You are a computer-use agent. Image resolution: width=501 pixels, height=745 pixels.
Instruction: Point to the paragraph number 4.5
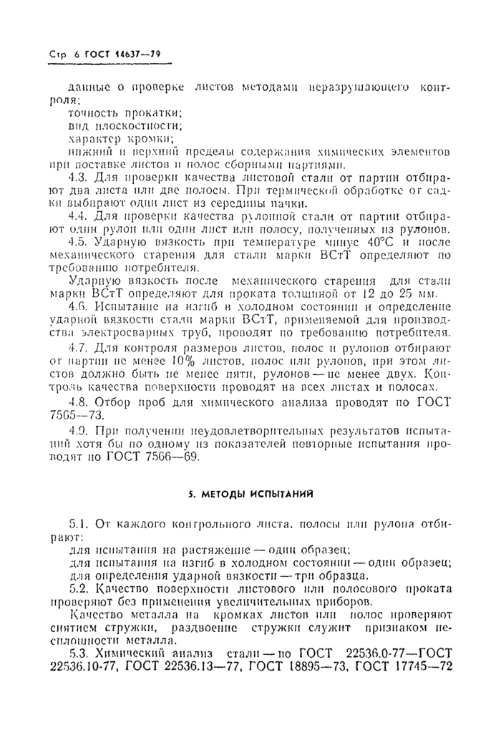pos(77,243)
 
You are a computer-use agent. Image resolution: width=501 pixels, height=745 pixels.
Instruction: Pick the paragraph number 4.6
pos(77,305)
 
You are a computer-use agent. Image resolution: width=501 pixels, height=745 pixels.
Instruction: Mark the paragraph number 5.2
pos(77,588)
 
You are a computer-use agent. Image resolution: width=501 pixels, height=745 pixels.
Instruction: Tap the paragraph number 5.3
pos(77,655)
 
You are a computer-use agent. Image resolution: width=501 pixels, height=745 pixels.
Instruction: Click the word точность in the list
pos(93,112)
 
